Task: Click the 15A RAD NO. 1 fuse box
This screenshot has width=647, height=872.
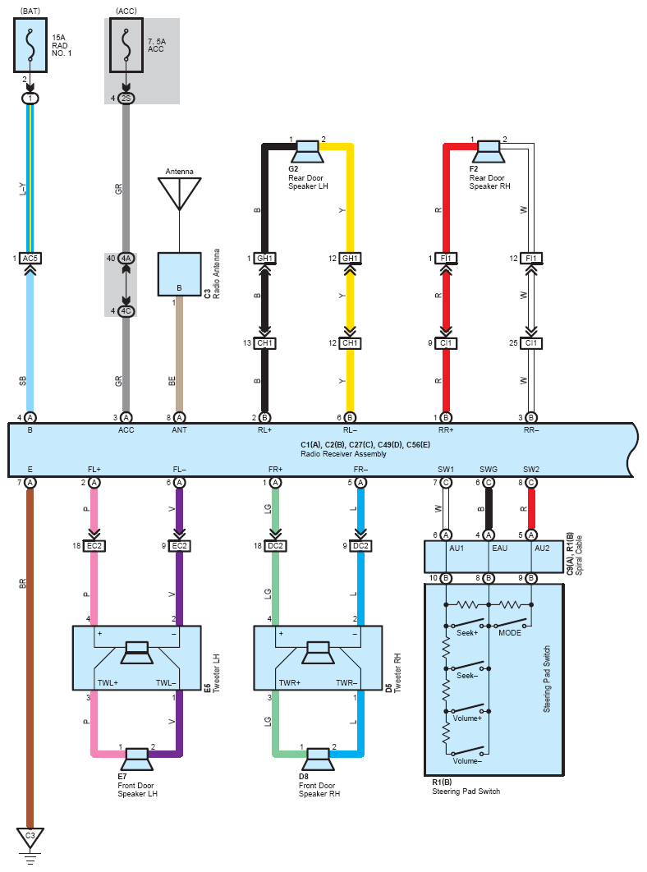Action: (x=30, y=45)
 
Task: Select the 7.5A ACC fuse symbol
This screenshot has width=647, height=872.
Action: (x=126, y=45)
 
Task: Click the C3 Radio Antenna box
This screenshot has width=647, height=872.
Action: (x=179, y=274)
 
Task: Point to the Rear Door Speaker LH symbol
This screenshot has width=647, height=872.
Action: (x=307, y=151)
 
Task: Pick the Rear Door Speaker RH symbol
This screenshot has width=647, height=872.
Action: (x=489, y=151)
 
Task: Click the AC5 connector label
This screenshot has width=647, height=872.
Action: (x=30, y=258)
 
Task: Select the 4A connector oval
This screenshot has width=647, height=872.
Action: (x=126, y=258)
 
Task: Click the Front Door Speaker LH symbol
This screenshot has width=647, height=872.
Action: (x=136, y=760)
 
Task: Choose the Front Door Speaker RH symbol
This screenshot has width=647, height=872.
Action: (x=318, y=760)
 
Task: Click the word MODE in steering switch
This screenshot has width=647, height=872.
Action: (x=510, y=633)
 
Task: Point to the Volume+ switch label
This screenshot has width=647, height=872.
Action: (x=467, y=718)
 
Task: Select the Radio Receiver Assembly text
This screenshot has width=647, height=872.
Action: (x=343, y=454)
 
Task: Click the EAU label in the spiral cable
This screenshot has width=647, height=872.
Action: (x=499, y=548)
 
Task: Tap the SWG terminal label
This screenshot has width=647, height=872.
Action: (x=489, y=470)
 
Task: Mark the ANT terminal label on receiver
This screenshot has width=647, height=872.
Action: (x=179, y=430)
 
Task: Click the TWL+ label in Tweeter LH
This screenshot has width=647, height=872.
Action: (x=108, y=683)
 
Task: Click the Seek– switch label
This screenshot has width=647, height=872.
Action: (x=467, y=676)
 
